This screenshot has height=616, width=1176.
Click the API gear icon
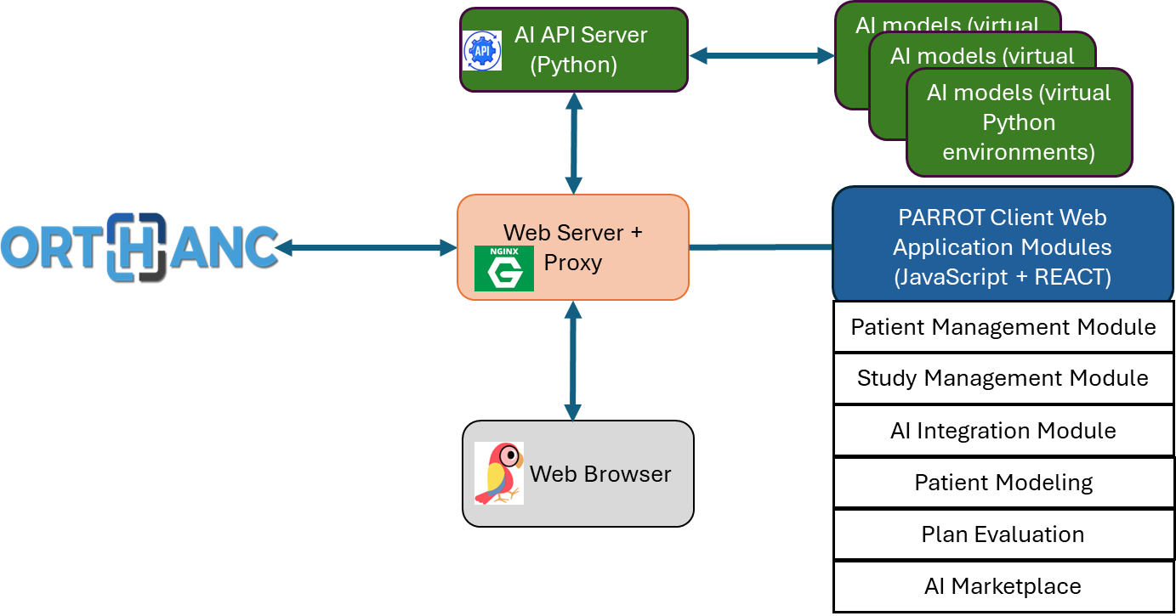(482, 50)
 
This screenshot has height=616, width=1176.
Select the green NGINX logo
(503, 268)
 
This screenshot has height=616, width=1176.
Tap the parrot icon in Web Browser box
(499, 473)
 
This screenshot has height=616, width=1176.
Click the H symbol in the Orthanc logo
(135, 246)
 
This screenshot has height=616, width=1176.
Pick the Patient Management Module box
(1003, 327)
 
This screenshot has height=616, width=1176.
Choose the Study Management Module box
(1003, 378)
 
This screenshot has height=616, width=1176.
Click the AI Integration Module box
(1003, 431)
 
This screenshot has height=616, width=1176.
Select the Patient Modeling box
(1003, 483)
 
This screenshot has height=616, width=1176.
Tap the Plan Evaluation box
(1003, 534)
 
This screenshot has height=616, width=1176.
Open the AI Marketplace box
(1003, 586)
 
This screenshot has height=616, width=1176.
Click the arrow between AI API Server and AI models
(761, 56)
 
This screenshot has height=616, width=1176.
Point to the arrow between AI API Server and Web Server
(574, 143)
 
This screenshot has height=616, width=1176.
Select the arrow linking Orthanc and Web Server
(366, 247)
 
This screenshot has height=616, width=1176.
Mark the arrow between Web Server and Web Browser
(573, 360)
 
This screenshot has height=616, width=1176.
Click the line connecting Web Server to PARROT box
(760, 247)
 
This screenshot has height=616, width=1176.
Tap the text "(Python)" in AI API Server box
(573, 65)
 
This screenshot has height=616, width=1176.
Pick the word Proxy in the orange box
(573, 263)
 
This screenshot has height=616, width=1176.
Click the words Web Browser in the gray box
(600, 474)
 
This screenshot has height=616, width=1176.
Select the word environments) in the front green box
(1019, 153)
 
